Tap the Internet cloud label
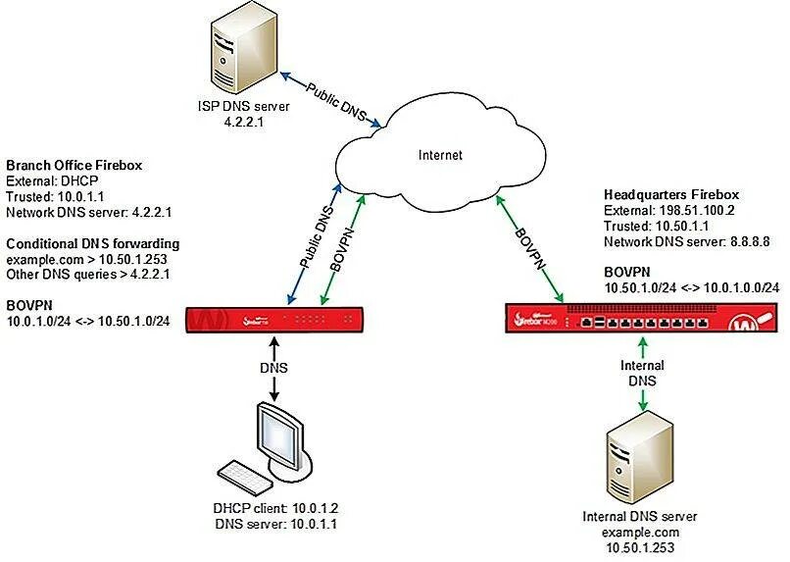pos(439,155)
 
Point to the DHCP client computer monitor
pos(277,435)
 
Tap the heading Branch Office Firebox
pos(74,166)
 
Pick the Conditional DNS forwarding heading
pos(93,243)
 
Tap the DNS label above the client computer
pos(273,369)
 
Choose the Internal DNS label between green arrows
pos(643,373)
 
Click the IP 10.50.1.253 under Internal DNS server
pos(642,548)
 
